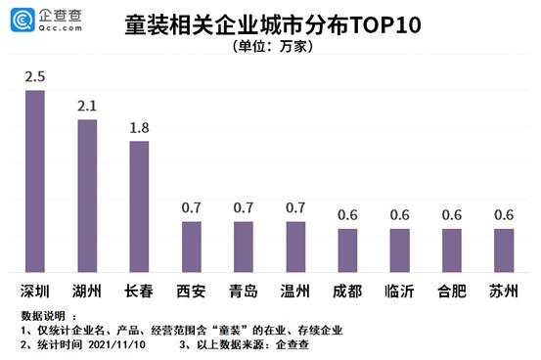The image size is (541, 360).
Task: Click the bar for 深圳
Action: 34,181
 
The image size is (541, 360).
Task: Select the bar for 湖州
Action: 87,196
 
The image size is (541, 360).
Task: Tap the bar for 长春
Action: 139,206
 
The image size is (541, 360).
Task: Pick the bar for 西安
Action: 192,247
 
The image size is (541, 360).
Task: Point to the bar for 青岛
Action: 244,247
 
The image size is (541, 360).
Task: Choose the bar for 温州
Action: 295,247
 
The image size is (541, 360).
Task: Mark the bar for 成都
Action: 347,250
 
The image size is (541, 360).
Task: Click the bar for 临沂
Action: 399,250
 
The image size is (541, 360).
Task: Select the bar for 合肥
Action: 451,250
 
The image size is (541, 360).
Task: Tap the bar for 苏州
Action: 503,250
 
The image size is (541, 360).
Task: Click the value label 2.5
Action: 34,76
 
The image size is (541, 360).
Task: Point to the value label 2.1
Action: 87,106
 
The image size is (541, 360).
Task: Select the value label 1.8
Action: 139,127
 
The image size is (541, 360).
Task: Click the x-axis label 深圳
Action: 34,291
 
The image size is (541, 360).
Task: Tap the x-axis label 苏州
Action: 503,291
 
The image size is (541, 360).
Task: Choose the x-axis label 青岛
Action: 244,291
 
